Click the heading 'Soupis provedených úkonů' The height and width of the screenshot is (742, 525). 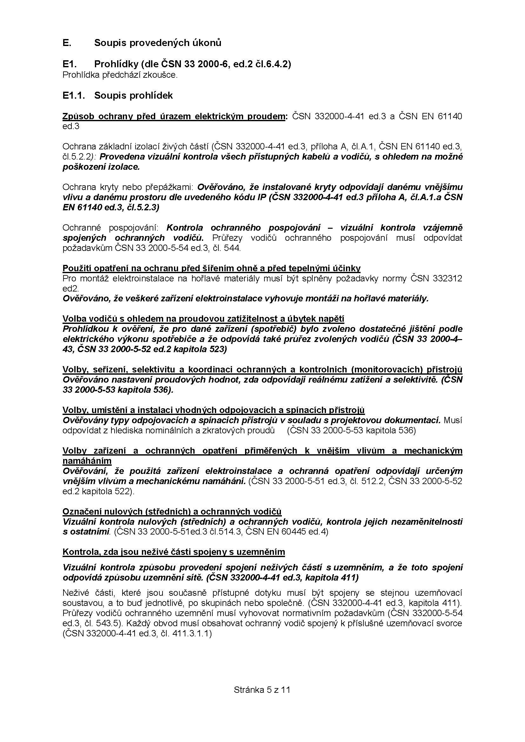tap(157, 43)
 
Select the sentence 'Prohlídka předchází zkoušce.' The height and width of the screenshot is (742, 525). tap(120, 75)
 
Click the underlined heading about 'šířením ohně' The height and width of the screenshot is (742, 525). tap(211, 268)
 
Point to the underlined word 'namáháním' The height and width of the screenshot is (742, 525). tap(87, 461)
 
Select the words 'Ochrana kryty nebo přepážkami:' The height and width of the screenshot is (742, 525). tap(128, 187)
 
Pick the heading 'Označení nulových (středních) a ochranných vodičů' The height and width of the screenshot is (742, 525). tap(172, 512)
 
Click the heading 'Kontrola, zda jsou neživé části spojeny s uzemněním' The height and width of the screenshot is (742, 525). tap(174, 552)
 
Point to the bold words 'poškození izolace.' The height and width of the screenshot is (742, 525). tap(101, 167)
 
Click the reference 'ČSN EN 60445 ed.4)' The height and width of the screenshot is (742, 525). tap(287, 532)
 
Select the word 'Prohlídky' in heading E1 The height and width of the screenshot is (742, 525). tap(113, 64)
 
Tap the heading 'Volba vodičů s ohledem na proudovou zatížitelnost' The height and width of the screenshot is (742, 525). tap(203, 319)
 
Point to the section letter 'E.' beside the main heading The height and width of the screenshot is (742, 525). tap(67, 43)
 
